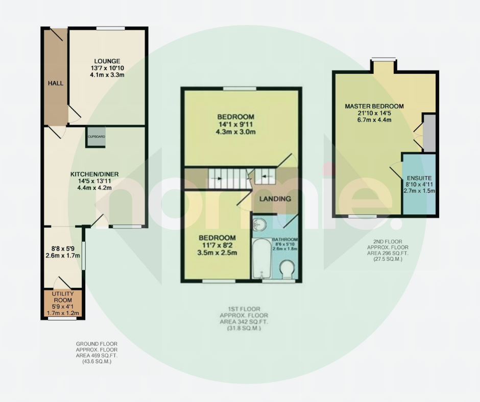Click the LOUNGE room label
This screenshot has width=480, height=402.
tap(107, 61)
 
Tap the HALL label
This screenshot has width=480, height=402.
tap(56, 83)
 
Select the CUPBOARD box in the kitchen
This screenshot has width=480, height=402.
tap(97, 136)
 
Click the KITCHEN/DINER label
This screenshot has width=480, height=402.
tap(94, 174)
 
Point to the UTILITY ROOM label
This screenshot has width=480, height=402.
tap(63, 297)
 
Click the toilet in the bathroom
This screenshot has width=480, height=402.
tap(287, 269)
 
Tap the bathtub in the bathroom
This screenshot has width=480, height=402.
tap(262, 259)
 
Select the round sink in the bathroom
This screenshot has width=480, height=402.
tap(259, 224)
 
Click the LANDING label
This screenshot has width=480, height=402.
tap(275, 199)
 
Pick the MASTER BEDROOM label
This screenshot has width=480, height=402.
tap(374, 107)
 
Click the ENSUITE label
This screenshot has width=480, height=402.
tap(419, 178)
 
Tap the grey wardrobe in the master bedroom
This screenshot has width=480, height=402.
tap(429, 133)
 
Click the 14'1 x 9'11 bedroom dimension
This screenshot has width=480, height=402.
tap(236, 124)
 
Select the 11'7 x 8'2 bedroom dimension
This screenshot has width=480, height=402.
tap(218, 245)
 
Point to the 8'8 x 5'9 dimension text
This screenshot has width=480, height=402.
tap(63, 249)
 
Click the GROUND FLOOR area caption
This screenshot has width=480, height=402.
tap(97, 353)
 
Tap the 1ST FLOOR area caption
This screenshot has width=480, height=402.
tap(244, 318)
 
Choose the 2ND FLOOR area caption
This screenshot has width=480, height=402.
tap(388, 250)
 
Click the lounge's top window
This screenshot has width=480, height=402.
tap(110, 29)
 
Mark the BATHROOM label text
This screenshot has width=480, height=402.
tap(285, 240)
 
